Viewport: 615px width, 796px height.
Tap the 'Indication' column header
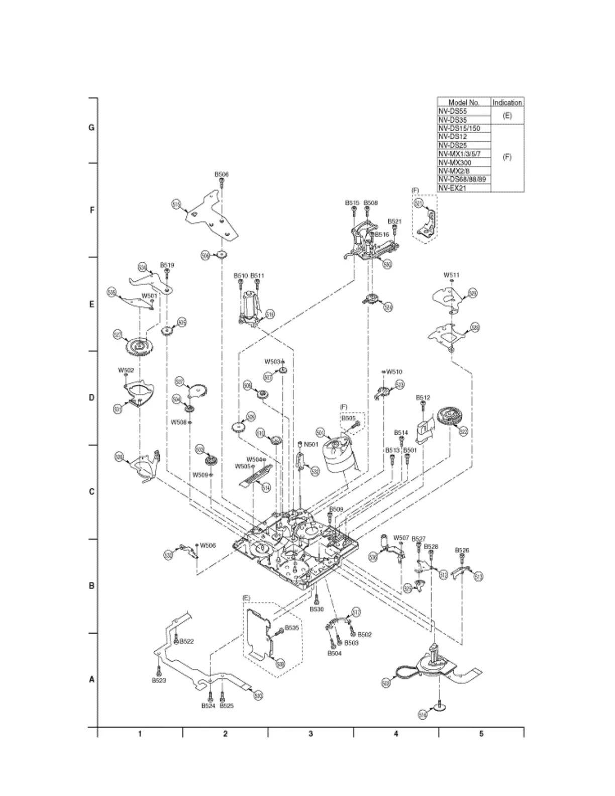pos(507,103)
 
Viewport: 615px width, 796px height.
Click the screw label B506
pos(222,174)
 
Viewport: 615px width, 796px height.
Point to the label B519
pos(167,265)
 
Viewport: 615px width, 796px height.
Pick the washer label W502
pos(126,370)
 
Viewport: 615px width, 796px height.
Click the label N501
pos(312,444)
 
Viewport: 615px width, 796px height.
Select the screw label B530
pos(317,609)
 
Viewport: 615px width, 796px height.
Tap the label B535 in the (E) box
pos(292,628)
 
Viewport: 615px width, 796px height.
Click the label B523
pos(159,680)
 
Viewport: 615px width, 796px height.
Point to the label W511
pos(451,275)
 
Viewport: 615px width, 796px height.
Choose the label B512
pos(423,397)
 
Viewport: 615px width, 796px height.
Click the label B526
pos(462,550)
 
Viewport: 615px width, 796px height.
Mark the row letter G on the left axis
pos(91,128)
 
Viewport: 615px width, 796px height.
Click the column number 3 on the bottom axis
pos(311,734)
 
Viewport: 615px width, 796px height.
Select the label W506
pos(208,545)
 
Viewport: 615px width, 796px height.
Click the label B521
pos(394,221)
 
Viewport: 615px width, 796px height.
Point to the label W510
pos(394,372)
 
